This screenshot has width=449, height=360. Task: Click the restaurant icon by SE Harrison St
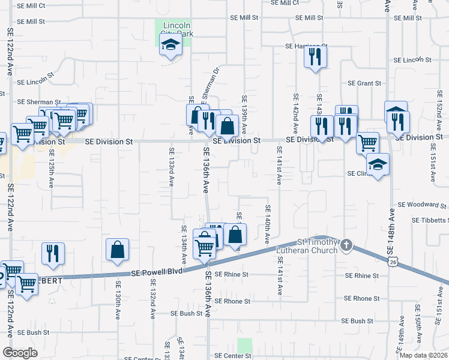tap(315, 57)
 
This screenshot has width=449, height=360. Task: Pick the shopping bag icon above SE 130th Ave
tap(118, 250)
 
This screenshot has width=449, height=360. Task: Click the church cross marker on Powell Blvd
tap(346, 245)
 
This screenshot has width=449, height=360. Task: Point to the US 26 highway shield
tap(393, 262)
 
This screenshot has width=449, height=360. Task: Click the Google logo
tap(20, 352)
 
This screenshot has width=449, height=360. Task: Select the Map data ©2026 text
tap(423, 355)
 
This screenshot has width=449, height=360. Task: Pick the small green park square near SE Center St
tap(244, 346)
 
